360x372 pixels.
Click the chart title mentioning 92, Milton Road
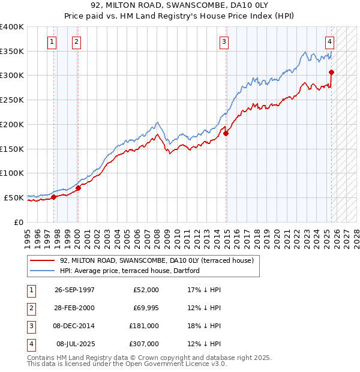click(x=180, y=5)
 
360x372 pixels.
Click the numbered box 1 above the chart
click(x=52, y=42)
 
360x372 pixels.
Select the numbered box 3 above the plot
click(x=223, y=42)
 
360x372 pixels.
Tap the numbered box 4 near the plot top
click(x=330, y=42)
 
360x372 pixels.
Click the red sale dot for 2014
click(x=226, y=134)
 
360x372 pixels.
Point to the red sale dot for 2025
click(x=331, y=73)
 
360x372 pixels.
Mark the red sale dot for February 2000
click(x=78, y=188)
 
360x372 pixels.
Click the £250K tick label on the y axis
click(x=12, y=100)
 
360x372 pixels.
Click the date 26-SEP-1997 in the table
click(x=74, y=290)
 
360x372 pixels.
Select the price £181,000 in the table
click(x=144, y=326)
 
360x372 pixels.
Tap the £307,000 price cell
click(x=144, y=344)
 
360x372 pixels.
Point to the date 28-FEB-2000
click(x=74, y=308)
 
